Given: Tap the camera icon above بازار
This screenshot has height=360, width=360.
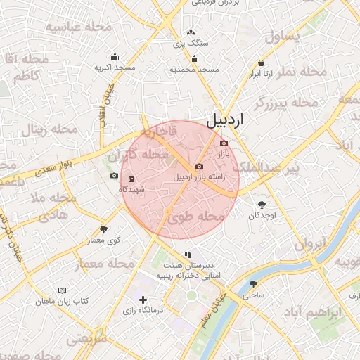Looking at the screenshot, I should pyautogui.click(x=224, y=143).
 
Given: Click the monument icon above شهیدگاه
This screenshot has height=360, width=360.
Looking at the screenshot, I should pyautogui.click(x=131, y=179).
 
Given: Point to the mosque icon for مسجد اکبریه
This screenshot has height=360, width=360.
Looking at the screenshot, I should pyautogui.click(x=115, y=58).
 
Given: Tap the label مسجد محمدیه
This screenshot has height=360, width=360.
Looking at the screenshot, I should pyautogui.click(x=195, y=70).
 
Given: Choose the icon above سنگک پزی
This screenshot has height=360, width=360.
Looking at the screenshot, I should pyautogui.click(x=191, y=33).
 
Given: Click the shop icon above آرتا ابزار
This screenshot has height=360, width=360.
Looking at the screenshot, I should pyautogui.click(x=262, y=63).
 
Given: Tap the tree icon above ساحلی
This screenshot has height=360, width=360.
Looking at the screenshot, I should pyautogui.click(x=253, y=284).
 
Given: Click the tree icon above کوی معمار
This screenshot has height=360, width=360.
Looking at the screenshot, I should pyautogui.click(x=104, y=229).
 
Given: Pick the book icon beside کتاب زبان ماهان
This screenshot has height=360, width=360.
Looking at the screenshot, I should pyautogui.click(x=62, y=290).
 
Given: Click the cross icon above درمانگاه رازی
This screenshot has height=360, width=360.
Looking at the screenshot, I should pyautogui.click(x=143, y=300).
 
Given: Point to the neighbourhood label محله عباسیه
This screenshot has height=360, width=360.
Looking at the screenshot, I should pyautogui.click(x=79, y=27).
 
